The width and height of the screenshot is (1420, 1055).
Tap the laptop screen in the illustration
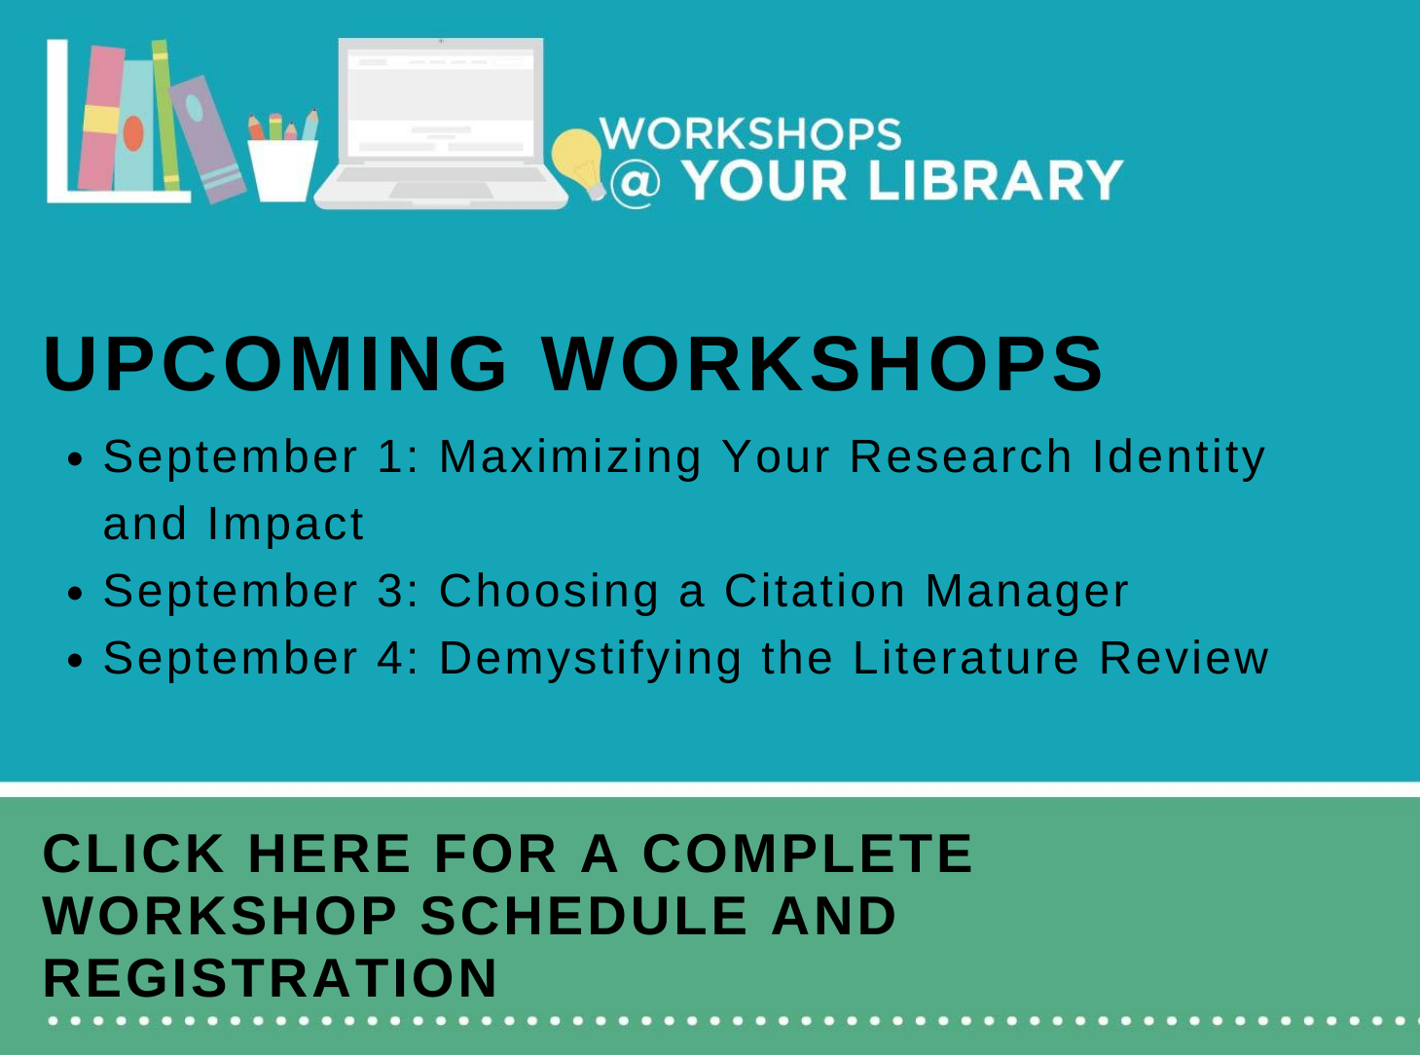tap(441, 102)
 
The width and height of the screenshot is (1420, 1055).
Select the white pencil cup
tap(282, 170)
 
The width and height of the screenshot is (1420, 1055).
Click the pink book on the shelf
tap(101, 118)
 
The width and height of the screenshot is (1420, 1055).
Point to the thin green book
tap(165, 115)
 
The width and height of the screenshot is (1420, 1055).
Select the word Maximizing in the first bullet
tap(570, 458)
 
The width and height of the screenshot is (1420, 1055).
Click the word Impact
tap(285, 525)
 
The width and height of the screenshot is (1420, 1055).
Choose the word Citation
tap(815, 590)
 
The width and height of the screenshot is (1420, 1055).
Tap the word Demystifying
tap(590, 660)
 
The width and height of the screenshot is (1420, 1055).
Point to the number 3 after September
tap(388, 590)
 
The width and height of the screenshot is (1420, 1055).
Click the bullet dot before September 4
tap(75, 661)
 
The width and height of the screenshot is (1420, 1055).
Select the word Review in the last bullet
tap(1183, 658)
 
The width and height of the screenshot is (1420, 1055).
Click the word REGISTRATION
tap(270, 978)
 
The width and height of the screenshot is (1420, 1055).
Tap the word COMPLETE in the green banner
tap(807, 854)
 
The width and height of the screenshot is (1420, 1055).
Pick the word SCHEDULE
tap(585, 916)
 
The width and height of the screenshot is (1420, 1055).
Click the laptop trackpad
tap(441, 190)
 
